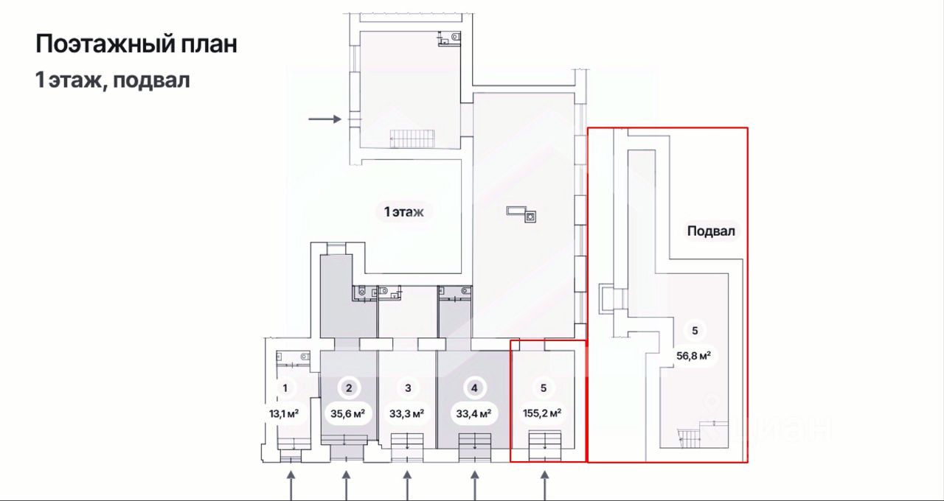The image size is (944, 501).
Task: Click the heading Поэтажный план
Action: (x=136, y=44)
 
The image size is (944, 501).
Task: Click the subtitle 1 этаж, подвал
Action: (x=112, y=80)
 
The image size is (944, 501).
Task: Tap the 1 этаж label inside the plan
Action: (x=403, y=211)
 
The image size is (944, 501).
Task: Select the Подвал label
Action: (x=711, y=231)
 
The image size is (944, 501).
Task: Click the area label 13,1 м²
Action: (x=284, y=414)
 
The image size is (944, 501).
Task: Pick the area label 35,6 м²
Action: (x=347, y=414)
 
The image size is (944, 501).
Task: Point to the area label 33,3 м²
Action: (x=406, y=414)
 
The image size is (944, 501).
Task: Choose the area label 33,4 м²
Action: (x=473, y=414)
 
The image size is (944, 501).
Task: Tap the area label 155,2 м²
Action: (x=542, y=413)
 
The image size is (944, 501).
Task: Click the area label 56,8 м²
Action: (x=694, y=356)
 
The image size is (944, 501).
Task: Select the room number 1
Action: (x=285, y=388)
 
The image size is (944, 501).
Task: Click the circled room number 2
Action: (x=349, y=388)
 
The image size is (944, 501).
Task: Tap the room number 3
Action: (x=408, y=388)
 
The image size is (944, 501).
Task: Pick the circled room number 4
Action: (x=474, y=388)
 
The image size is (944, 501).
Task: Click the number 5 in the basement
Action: (x=695, y=331)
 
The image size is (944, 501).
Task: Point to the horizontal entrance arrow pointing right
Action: (x=325, y=119)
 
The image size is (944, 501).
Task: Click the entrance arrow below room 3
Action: (x=407, y=486)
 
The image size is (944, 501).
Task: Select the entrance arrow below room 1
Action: (x=291, y=486)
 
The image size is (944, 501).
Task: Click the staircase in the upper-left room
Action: (x=412, y=139)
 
